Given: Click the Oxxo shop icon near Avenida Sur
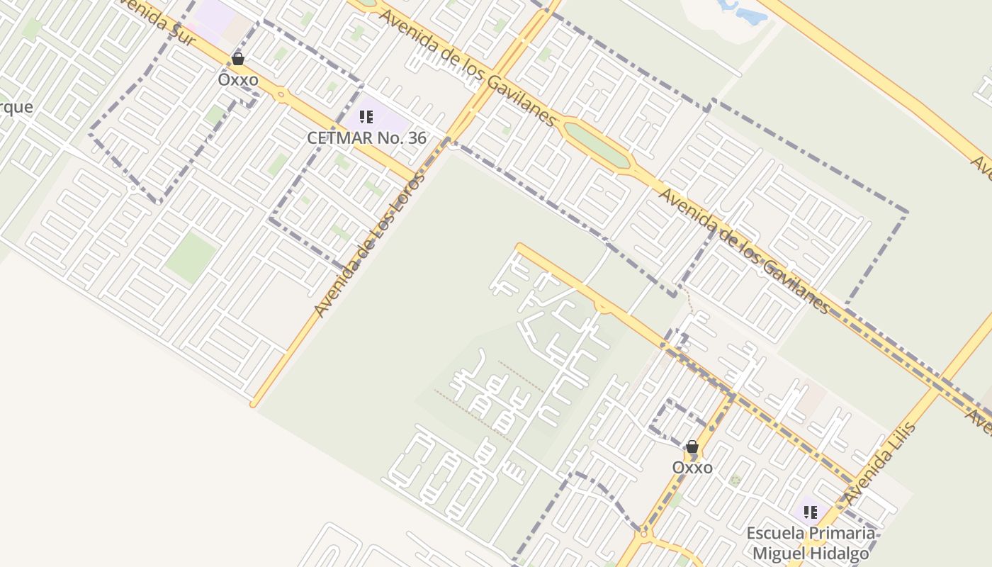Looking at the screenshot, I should [x=238, y=59].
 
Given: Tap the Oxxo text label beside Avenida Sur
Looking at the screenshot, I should [x=238, y=79].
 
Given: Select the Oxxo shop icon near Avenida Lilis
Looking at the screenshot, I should [x=692, y=447].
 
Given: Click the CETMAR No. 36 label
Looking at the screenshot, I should [x=366, y=137].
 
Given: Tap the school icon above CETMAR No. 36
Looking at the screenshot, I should [x=366, y=117].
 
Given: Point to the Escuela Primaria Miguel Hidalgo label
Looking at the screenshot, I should [x=811, y=543].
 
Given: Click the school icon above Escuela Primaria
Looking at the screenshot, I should [x=811, y=512].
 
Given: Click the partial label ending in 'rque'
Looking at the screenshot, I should [x=16, y=107].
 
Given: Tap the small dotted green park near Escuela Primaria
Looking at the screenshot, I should [x=735, y=480].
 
